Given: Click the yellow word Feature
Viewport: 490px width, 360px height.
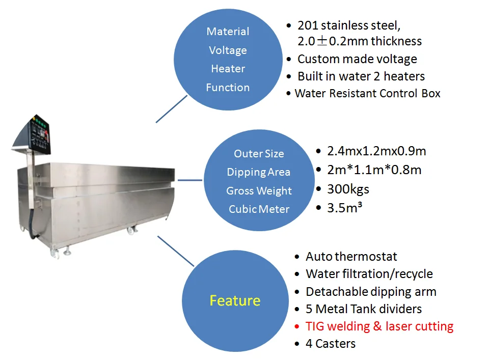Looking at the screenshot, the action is [235, 300].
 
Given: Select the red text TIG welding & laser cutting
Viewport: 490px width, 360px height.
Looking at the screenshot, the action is [379, 326].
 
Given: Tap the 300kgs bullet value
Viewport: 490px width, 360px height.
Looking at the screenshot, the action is [348, 189].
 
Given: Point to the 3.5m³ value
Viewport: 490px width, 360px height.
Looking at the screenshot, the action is [345, 208].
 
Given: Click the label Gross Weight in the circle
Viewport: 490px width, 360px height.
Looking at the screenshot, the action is [259, 191].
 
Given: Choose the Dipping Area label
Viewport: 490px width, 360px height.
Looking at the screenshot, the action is [259, 172].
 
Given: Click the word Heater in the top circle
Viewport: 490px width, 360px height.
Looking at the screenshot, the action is [228, 69].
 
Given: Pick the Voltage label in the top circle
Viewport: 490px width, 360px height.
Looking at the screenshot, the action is [228, 50].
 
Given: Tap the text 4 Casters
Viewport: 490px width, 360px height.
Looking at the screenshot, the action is [331, 344].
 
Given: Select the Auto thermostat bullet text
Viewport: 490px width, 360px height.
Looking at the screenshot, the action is [351, 257].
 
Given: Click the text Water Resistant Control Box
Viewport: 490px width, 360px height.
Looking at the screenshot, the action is [367, 94].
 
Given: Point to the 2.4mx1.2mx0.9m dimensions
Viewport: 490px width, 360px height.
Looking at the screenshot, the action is [377, 151].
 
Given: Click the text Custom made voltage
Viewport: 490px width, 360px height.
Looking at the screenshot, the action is [357, 59].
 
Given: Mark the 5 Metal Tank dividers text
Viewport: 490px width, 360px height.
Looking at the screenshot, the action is [364, 309].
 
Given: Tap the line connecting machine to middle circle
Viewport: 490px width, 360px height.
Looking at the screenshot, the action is [190, 180].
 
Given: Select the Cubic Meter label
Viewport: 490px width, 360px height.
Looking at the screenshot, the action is [259, 209].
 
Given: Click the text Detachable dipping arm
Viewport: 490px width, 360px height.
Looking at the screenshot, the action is [371, 292].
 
